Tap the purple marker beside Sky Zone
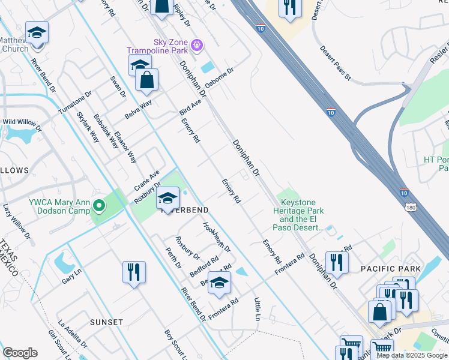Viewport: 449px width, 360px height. point(197,44)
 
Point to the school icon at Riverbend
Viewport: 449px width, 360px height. point(167,197)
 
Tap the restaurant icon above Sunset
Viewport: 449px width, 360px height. point(134,272)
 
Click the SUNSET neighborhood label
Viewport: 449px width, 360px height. point(106,322)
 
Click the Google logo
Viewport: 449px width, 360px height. point(20,352)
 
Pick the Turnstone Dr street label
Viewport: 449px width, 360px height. point(75,103)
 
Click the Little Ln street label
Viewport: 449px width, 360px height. point(258,308)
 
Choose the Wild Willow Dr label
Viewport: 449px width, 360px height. point(23,124)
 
